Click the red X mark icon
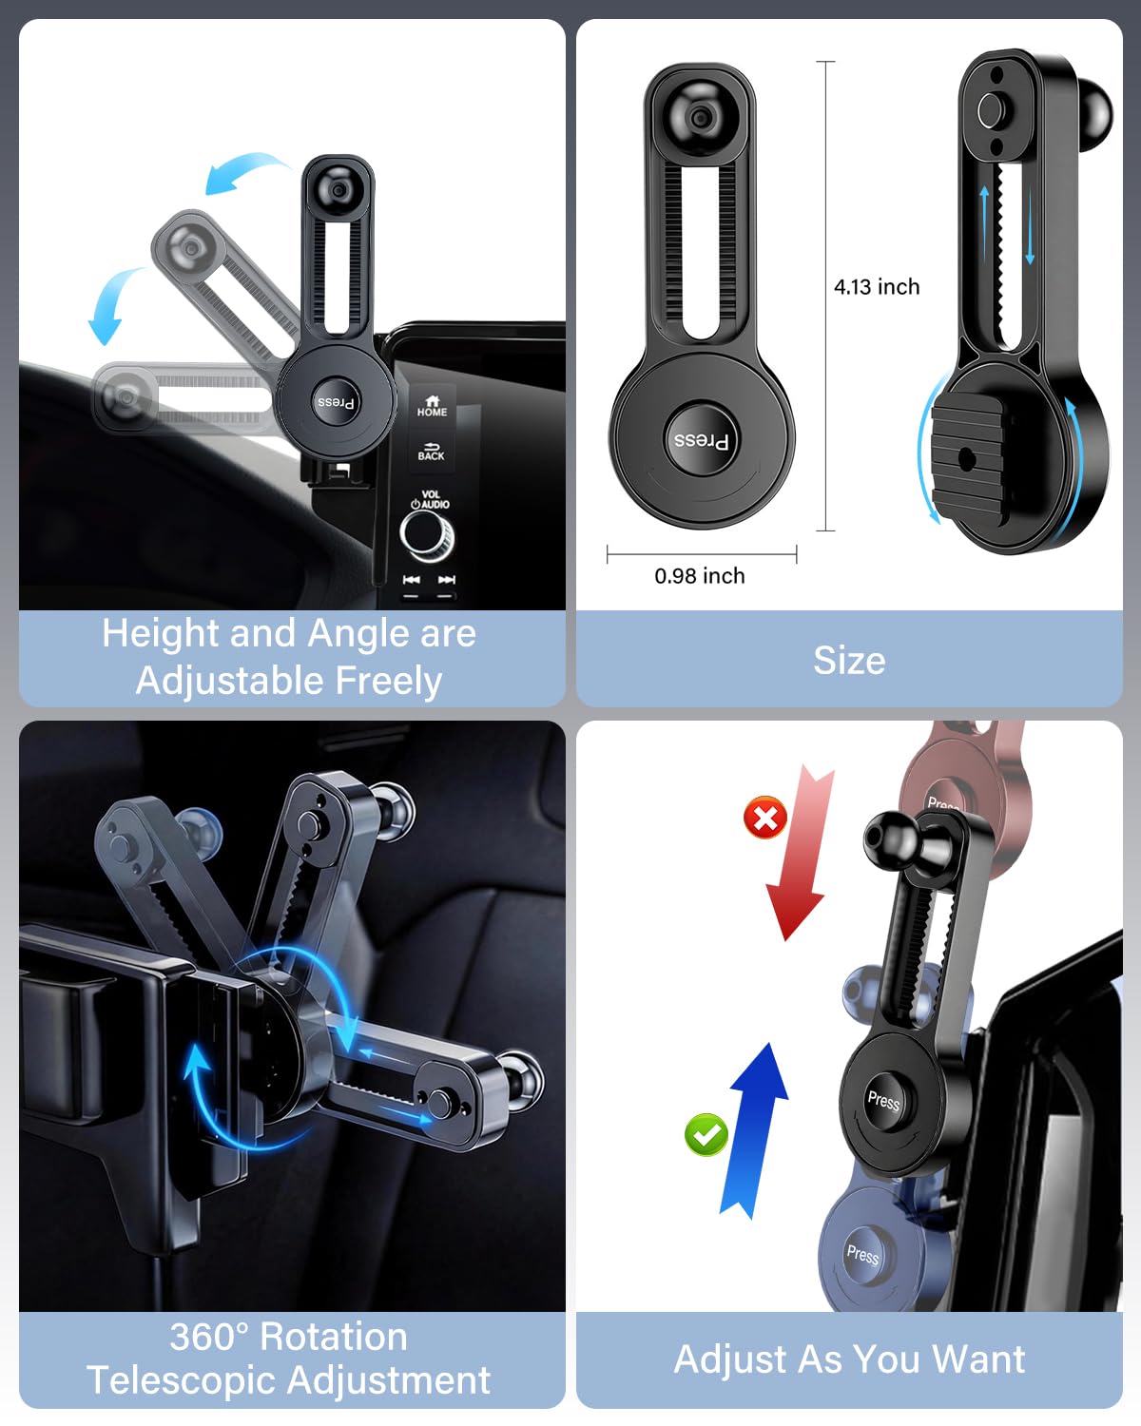pos(765,817)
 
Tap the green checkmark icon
pos(706,1134)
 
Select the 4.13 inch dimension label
pos(877,287)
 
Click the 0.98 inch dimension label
pos(700,576)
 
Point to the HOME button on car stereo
pos(432,406)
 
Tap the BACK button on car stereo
pos(431,450)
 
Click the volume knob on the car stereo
pos(426,535)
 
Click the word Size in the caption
pos(849,661)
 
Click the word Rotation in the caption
pos(334,1336)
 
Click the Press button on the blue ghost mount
pos(863,1254)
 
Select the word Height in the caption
pos(161,633)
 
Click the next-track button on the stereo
pos(446,580)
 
